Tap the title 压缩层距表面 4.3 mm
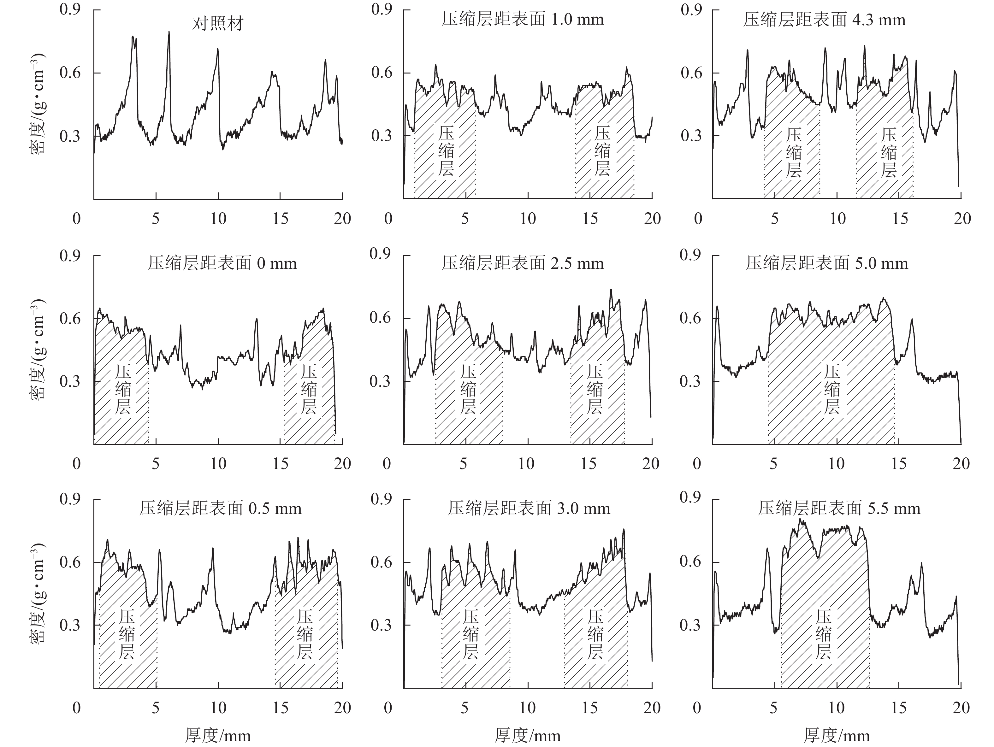[x=824, y=20]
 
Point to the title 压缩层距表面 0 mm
[x=222, y=263]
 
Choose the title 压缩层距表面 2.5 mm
[x=523, y=263]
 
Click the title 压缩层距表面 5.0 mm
[x=827, y=263]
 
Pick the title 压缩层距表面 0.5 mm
[x=220, y=508]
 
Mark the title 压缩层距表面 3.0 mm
[x=529, y=508]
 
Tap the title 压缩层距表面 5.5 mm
[x=839, y=508]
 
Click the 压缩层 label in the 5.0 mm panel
[x=832, y=389]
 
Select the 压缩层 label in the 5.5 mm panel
[x=824, y=634]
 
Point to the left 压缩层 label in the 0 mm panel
[x=123, y=389]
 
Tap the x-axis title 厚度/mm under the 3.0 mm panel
[x=528, y=735]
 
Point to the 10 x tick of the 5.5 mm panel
[x=836, y=708]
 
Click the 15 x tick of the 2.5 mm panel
[x=588, y=463]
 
